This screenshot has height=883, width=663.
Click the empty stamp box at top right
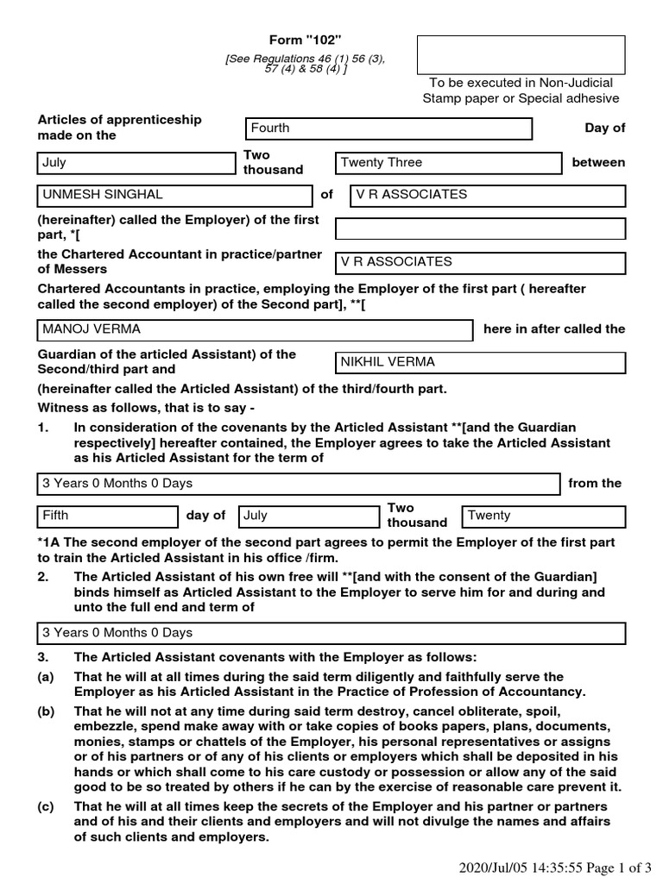pyautogui.click(x=521, y=55)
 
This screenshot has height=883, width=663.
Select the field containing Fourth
pyautogui.click(x=388, y=128)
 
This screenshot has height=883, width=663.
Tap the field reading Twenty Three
pyautogui.click(x=447, y=163)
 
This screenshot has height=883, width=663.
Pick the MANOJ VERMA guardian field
pyautogui.click(x=255, y=330)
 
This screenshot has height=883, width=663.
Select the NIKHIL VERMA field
pyautogui.click(x=480, y=362)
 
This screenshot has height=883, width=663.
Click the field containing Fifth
pyautogui.click(x=107, y=517)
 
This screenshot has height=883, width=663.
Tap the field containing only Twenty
pyautogui.click(x=543, y=517)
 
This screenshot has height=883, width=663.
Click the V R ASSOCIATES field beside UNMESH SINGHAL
pyautogui.click(x=487, y=196)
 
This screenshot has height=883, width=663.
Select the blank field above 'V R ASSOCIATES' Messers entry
pyautogui.click(x=480, y=229)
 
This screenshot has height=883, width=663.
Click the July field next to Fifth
pyautogui.click(x=308, y=517)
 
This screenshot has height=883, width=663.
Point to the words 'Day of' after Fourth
pyautogui.click(x=604, y=128)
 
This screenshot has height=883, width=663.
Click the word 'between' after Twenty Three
pyautogui.click(x=598, y=163)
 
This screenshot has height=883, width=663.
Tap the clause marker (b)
pyautogui.click(x=45, y=711)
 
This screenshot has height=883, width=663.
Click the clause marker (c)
pyautogui.click(x=45, y=806)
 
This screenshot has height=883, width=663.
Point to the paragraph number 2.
pyautogui.click(x=42, y=577)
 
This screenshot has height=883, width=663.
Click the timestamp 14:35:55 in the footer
pyautogui.click(x=540, y=867)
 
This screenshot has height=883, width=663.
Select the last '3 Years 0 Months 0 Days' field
pyautogui.click(x=331, y=634)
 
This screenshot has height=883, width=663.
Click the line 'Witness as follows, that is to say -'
pyautogui.click(x=146, y=408)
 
